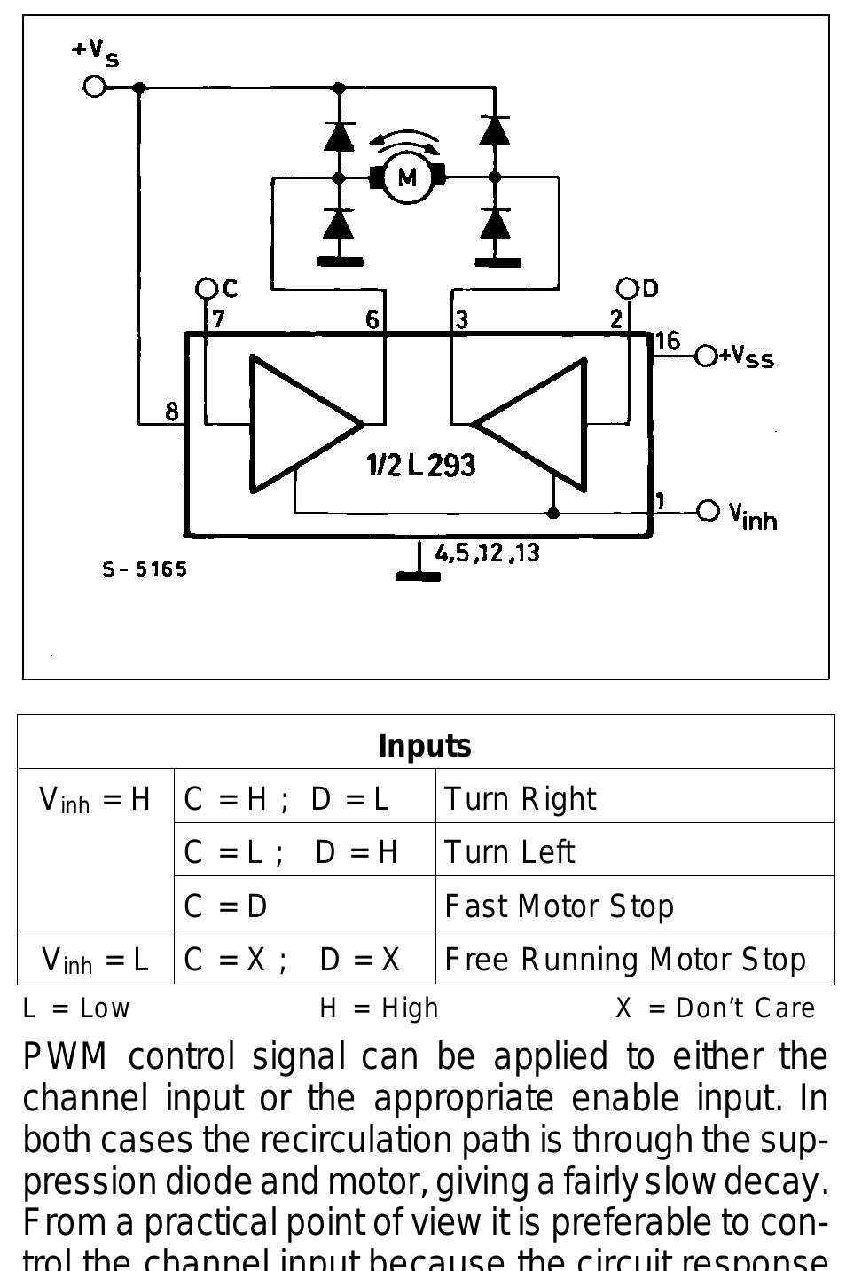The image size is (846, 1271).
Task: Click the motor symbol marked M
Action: (x=407, y=177)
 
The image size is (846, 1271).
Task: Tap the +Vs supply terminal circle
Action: (x=94, y=86)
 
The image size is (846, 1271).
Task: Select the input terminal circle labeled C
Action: (x=207, y=288)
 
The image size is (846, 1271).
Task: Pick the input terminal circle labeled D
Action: (x=628, y=288)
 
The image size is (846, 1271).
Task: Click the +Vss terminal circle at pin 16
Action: (x=706, y=356)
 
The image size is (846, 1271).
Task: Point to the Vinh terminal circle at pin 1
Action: (x=708, y=511)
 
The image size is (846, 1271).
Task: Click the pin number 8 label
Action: (x=172, y=411)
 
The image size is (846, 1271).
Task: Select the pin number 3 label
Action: (x=461, y=319)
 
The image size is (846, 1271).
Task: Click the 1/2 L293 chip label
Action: (x=420, y=465)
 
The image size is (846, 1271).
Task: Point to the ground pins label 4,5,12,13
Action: (x=487, y=553)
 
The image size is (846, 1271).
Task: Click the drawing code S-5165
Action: (x=145, y=569)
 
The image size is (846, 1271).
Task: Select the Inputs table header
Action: (x=425, y=745)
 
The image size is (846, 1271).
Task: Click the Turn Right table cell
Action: (x=520, y=799)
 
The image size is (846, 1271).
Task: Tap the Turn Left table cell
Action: (x=509, y=852)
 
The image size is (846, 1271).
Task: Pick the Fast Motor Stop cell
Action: (x=559, y=906)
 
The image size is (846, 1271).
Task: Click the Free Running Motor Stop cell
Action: (x=624, y=960)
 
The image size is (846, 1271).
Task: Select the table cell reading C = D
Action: (x=226, y=906)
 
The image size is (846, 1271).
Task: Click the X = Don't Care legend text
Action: (x=715, y=1008)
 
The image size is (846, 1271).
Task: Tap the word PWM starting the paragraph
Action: (x=65, y=1057)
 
